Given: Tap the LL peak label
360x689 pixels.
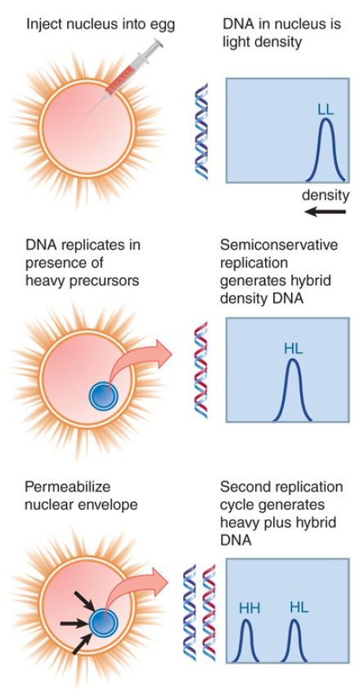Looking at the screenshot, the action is tap(326, 110).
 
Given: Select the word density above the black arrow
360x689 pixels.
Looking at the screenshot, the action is tap(325, 195).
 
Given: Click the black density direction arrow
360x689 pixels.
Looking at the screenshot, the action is tap(325, 212).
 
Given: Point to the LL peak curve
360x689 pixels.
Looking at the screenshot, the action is tap(326, 149).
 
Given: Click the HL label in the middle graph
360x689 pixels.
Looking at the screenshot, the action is tap(293, 349).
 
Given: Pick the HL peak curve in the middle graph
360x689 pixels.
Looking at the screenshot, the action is tap(293, 389).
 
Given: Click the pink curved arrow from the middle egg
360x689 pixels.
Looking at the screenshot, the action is tap(141, 359).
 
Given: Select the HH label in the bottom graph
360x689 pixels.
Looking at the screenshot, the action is tap(250, 609).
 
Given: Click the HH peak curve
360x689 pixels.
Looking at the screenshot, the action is tap(246, 641).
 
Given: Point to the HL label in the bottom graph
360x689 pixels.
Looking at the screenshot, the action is tap(299, 608).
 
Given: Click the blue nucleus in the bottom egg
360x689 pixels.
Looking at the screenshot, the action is tap(104, 624).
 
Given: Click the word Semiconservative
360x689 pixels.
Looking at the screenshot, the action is tap(279, 245).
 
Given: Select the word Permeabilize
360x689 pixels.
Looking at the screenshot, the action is tap(67, 487).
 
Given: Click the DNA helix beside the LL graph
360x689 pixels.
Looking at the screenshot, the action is tap(201, 131).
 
